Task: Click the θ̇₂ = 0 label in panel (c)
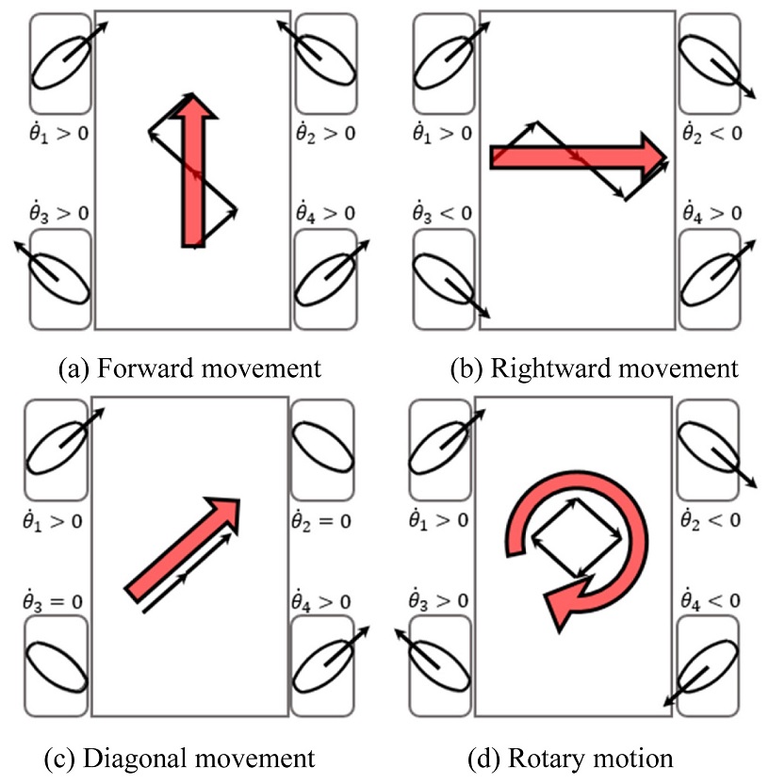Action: pyautogui.click(x=324, y=520)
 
